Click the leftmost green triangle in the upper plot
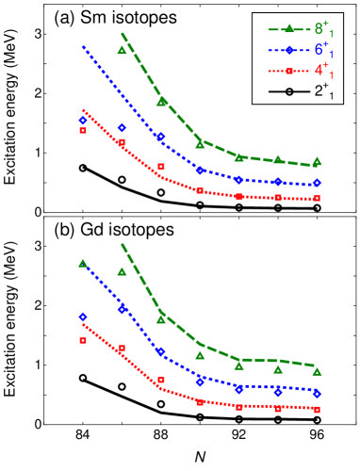tap(122, 50)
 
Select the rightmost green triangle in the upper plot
tap(317, 161)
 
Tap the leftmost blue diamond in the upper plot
tap(83, 120)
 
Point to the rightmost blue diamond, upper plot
tap(317, 183)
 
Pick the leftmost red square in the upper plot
tap(83, 130)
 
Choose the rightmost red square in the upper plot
tap(317, 199)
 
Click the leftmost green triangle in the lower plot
tap(83, 263)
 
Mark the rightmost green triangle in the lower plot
tap(317, 371)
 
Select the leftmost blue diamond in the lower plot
tap(83, 317)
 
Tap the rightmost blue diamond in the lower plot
tap(317, 393)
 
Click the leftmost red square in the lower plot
tap(83, 340)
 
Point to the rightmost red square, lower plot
tap(317, 410)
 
